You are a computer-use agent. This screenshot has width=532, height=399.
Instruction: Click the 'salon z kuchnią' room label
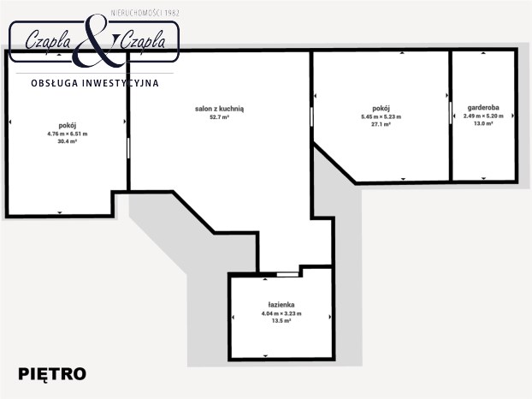[219, 109]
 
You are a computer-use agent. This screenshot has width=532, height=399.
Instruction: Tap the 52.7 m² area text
[219, 117]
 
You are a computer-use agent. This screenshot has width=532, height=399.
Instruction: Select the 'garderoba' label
[483, 108]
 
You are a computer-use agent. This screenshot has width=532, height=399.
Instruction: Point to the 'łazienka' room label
[281, 305]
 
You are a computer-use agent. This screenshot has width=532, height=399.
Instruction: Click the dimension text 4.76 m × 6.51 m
[68, 134]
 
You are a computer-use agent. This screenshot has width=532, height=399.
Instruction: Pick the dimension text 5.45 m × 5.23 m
[381, 116]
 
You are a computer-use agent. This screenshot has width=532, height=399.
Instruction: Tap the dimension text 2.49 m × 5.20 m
[483, 116]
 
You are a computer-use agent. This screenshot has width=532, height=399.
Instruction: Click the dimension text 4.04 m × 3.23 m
[281, 313]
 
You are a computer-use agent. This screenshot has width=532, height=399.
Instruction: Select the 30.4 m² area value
[68, 141]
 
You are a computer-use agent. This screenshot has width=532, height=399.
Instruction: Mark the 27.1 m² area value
[381, 124]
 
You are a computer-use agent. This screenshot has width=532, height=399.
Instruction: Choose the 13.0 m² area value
[483, 123]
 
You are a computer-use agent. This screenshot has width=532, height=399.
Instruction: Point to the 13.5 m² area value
[281, 321]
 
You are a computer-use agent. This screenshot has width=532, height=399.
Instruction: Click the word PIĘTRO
[52, 374]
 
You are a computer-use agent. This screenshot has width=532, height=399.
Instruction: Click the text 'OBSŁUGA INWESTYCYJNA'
[95, 83]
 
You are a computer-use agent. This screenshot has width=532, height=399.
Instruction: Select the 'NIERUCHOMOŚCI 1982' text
[145, 13]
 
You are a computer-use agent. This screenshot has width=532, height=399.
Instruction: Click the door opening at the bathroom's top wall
[287, 274]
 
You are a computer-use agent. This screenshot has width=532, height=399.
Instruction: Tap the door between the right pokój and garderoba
[451, 113]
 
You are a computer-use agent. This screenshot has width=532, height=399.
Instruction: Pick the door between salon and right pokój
[311, 116]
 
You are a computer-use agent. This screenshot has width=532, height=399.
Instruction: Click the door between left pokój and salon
[128, 148]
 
